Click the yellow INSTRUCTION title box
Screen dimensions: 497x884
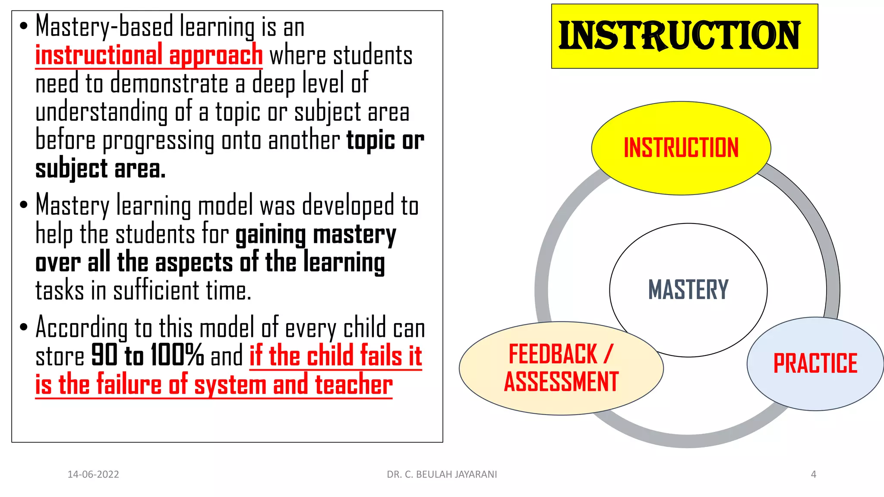pos(684,36)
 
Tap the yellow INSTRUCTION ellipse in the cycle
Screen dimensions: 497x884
pos(681,148)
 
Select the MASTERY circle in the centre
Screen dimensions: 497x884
pos(688,289)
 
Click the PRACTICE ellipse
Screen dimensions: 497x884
pos(815,363)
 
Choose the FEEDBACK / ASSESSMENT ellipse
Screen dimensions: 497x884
pos(561,368)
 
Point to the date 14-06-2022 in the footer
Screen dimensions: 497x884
pos(93,475)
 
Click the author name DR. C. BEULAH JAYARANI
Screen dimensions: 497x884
pos(442,475)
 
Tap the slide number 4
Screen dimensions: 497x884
pos(813,475)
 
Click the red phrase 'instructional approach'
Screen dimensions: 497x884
pos(149,55)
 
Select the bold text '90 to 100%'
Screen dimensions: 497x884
pos(147,355)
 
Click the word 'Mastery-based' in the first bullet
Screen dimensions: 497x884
pos(104,27)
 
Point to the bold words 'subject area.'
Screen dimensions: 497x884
pos(100,169)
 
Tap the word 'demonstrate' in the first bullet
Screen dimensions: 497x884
pos(169,84)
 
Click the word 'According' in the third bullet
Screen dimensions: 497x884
pos(82,327)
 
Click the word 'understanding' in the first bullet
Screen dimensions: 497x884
pos(101,112)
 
